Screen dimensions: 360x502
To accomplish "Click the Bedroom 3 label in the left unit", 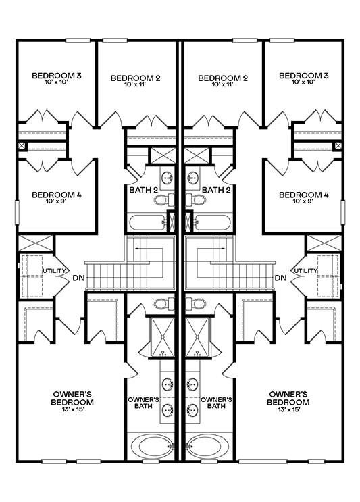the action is click(57, 76).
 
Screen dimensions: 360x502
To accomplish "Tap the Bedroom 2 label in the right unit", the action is click(223, 78).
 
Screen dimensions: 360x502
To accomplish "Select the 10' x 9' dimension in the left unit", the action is click(57, 201).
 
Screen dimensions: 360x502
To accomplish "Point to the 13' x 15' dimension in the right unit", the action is click(288, 409).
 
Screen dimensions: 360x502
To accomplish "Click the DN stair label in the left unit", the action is click(79, 278).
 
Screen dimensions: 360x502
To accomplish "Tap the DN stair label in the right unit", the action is click(281, 278).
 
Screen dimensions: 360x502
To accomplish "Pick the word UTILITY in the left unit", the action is click(54, 271).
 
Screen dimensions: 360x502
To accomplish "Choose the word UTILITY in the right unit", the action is click(305, 271).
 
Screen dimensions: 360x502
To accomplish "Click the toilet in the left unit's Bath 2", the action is click(164, 200).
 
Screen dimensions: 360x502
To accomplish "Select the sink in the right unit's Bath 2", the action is click(192, 177).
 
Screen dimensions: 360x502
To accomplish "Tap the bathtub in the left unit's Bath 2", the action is click(147, 222).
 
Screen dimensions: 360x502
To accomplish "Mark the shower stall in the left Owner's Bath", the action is click(162, 336).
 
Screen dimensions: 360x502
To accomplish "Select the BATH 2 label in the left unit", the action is click(144, 190).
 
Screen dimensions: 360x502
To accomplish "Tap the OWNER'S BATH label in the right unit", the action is click(216, 403).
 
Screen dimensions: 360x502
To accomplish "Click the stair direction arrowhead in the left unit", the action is click(137, 248).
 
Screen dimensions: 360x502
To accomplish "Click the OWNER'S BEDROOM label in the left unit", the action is click(73, 398).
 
